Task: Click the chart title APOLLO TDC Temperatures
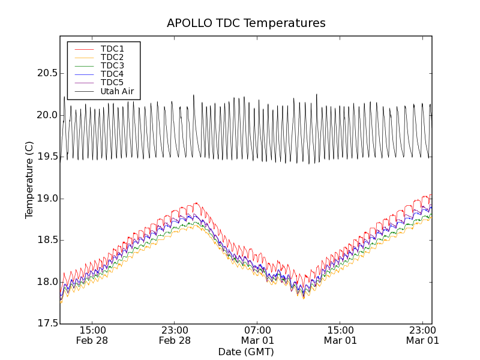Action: pos(246,23)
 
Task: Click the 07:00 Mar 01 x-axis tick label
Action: pos(257,335)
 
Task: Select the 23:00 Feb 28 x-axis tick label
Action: pos(175,335)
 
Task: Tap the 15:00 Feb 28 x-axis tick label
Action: pos(92,335)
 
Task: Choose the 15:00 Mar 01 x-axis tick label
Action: pos(340,335)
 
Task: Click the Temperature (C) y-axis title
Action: pos(29,180)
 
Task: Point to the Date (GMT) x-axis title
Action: pos(246,352)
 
